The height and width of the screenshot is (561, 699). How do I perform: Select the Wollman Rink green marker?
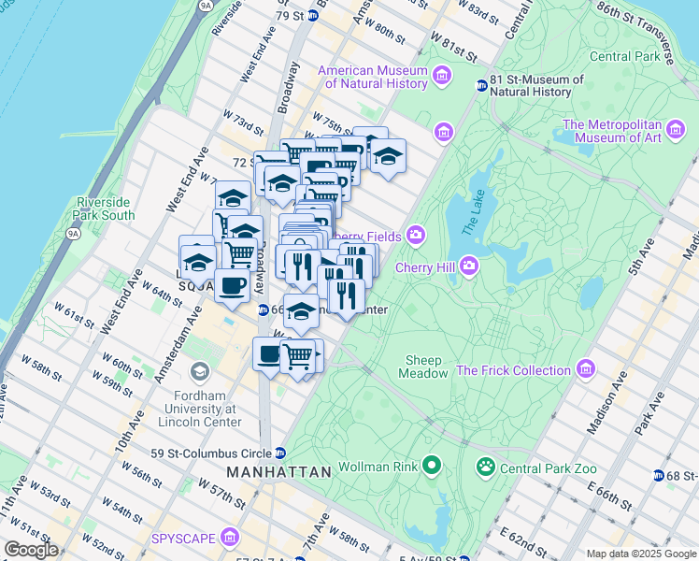[431, 465]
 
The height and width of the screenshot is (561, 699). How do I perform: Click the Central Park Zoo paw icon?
[485, 465]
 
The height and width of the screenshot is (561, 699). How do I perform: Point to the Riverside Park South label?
[106, 209]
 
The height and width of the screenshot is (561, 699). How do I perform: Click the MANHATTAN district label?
[278, 472]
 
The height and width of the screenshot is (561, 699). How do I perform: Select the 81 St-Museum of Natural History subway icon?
[481, 86]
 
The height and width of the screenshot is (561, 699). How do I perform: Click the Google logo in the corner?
[31, 550]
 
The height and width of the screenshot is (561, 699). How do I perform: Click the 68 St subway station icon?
[659, 476]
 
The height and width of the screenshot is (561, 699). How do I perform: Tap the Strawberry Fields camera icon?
[415, 236]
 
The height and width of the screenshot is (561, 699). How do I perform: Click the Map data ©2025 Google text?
[641, 554]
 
